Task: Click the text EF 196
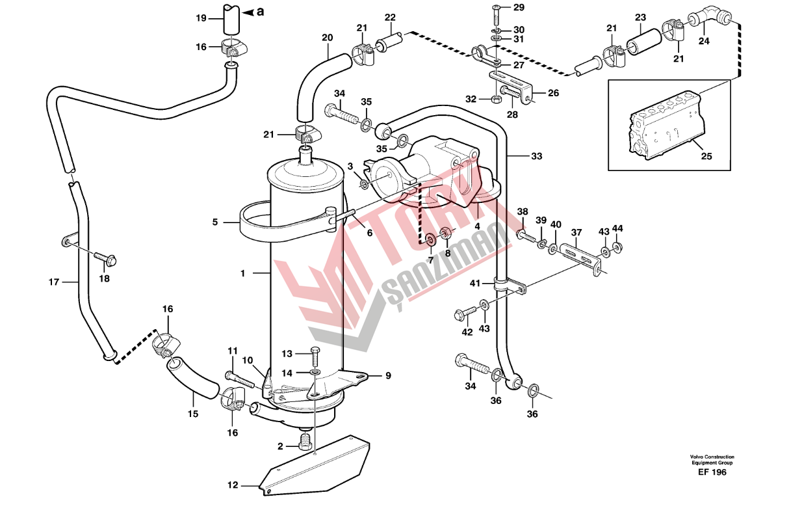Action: (712, 473)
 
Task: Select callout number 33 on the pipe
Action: (536, 156)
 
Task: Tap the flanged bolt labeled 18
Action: (108, 260)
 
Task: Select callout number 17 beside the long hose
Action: (54, 282)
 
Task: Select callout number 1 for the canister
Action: (242, 274)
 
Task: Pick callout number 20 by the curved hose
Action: (327, 38)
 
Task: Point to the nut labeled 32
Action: (495, 100)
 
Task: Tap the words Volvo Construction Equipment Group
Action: (712, 460)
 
